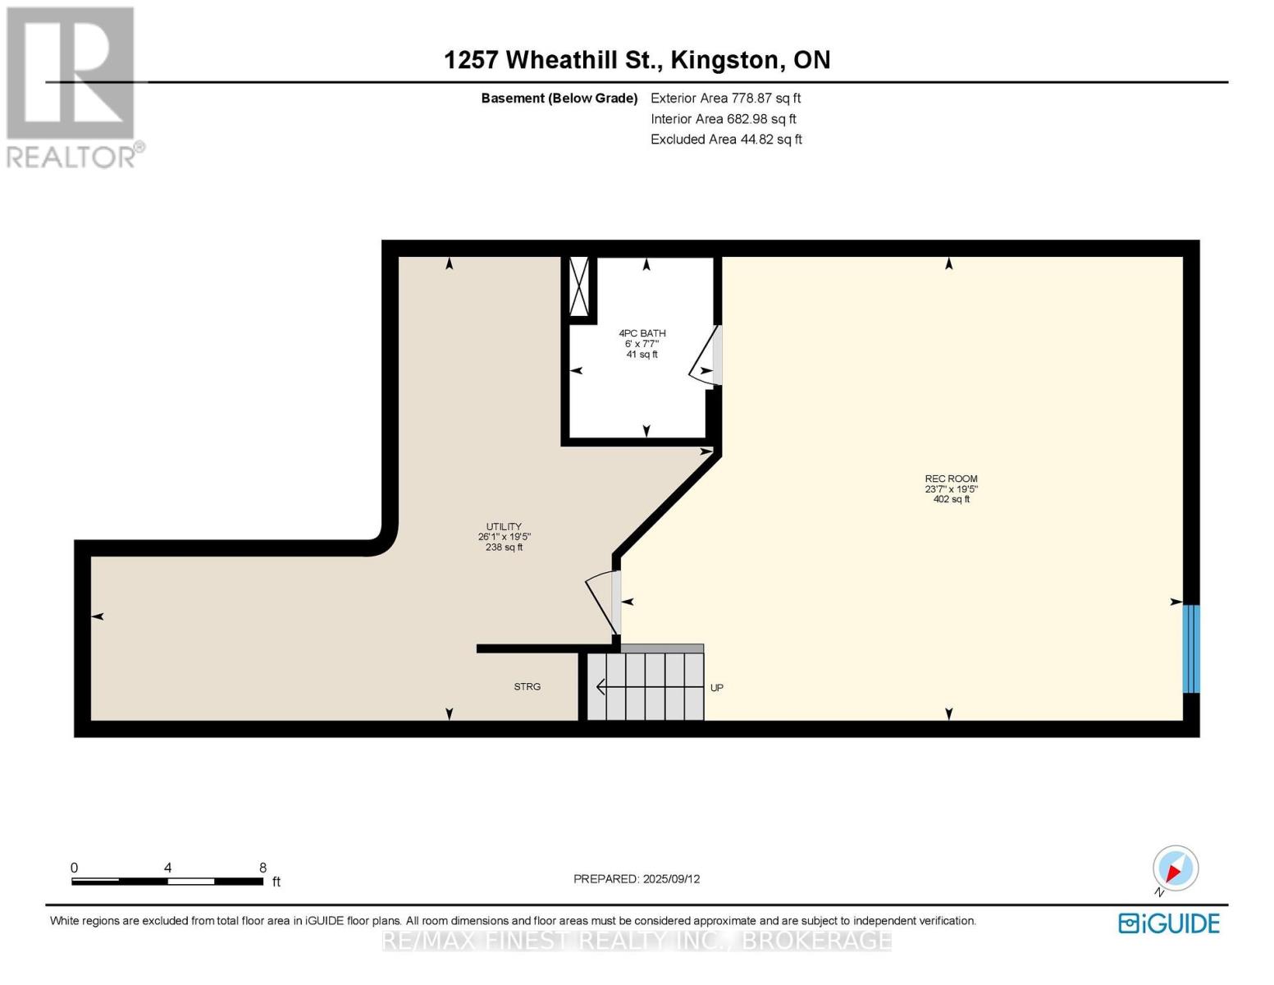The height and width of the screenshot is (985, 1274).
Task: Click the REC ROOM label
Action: point(951,488)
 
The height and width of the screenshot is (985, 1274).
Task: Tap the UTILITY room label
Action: point(504,537)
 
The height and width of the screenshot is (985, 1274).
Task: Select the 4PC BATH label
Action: point(642,343)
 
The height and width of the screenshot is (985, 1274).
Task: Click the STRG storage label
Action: point(527,687)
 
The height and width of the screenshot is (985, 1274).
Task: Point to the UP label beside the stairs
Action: point(716,688)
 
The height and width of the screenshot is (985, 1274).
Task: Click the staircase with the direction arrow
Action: point(646,686)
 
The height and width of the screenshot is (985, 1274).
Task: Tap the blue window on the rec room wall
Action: point(1190,648)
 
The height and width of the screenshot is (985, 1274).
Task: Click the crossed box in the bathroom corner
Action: point(579,286)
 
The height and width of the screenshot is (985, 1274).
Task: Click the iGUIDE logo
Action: point(1169,923)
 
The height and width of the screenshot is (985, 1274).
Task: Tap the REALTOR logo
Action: point(73,86)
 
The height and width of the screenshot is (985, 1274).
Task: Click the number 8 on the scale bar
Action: point(263,868)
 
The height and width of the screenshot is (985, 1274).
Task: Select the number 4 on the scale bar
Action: point(167,868)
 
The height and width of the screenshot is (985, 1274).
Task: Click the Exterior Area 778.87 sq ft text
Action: point(725,98)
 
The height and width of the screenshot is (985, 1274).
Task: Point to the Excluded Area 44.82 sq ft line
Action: point(726,140)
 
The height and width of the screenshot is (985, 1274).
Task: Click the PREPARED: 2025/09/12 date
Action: point(637,879)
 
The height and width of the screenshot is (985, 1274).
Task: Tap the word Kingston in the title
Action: point(725,60)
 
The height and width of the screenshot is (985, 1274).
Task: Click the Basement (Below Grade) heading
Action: point(559,98)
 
